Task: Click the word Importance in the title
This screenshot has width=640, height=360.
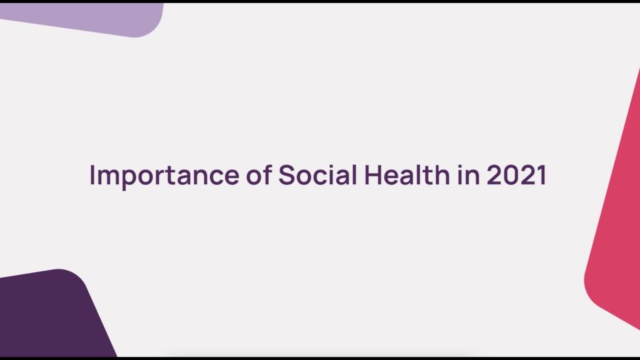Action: (x=164, y=176)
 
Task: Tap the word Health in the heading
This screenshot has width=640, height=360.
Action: (x=407, y=175)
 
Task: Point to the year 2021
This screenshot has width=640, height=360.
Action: (x=516, y=175)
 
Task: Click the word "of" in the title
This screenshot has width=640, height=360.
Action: (x=259, y=175)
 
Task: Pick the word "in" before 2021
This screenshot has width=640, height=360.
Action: (x=468, y=176)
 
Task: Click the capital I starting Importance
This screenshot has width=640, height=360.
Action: (x=92, y=175)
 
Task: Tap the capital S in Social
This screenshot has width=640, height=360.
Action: (x=287, y=175)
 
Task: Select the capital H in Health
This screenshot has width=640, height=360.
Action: (x=373, y=175)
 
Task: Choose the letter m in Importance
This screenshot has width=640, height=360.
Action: (x=108, y=177)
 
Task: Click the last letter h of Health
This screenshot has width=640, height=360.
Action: (x=442, y=175)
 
